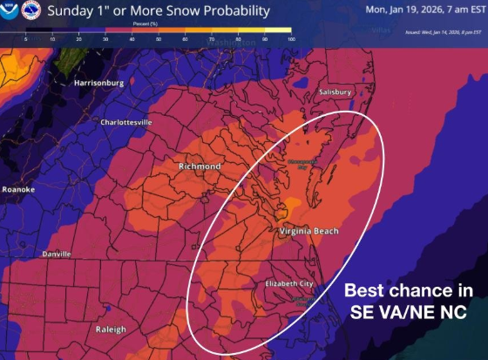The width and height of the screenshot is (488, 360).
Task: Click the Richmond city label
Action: pos(199,166)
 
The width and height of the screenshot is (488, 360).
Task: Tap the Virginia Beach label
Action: pos(308,231)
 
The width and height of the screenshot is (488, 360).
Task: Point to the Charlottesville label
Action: pos(135,122)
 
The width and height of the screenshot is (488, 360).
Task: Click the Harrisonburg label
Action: pos(102,84)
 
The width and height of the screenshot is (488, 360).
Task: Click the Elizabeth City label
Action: pos(289,284)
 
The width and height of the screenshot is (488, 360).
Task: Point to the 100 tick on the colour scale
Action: pos(290,40)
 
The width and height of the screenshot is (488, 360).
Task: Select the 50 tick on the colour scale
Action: pos(158,40)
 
